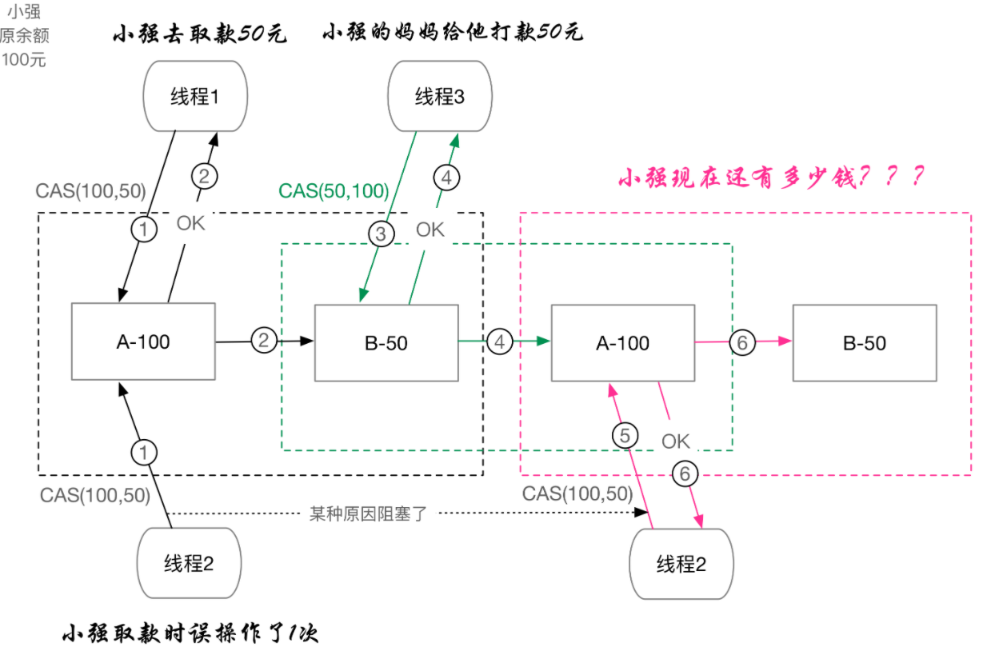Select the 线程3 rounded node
(x=439, y=98)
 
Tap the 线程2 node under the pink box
(x=681, y=564)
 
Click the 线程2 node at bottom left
(x=189, y=564)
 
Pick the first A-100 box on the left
(x=143, y=342)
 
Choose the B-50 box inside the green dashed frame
(x=386, y=343)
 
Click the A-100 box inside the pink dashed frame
(x=623, y=343)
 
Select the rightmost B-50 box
(x=865, y=343)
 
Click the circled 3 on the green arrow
(x=382, y=234)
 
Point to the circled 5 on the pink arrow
(x=626, y=435)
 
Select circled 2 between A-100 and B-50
(x=264, y=341)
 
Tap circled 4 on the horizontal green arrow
(x=501, y=342)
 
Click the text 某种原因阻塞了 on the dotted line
(x=369, y=513)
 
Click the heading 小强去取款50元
(x=199, y=34)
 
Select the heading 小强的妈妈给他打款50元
(x=453, y=34)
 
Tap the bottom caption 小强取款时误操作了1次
(x=190, y=634)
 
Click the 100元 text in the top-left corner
(x=24, y=60)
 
